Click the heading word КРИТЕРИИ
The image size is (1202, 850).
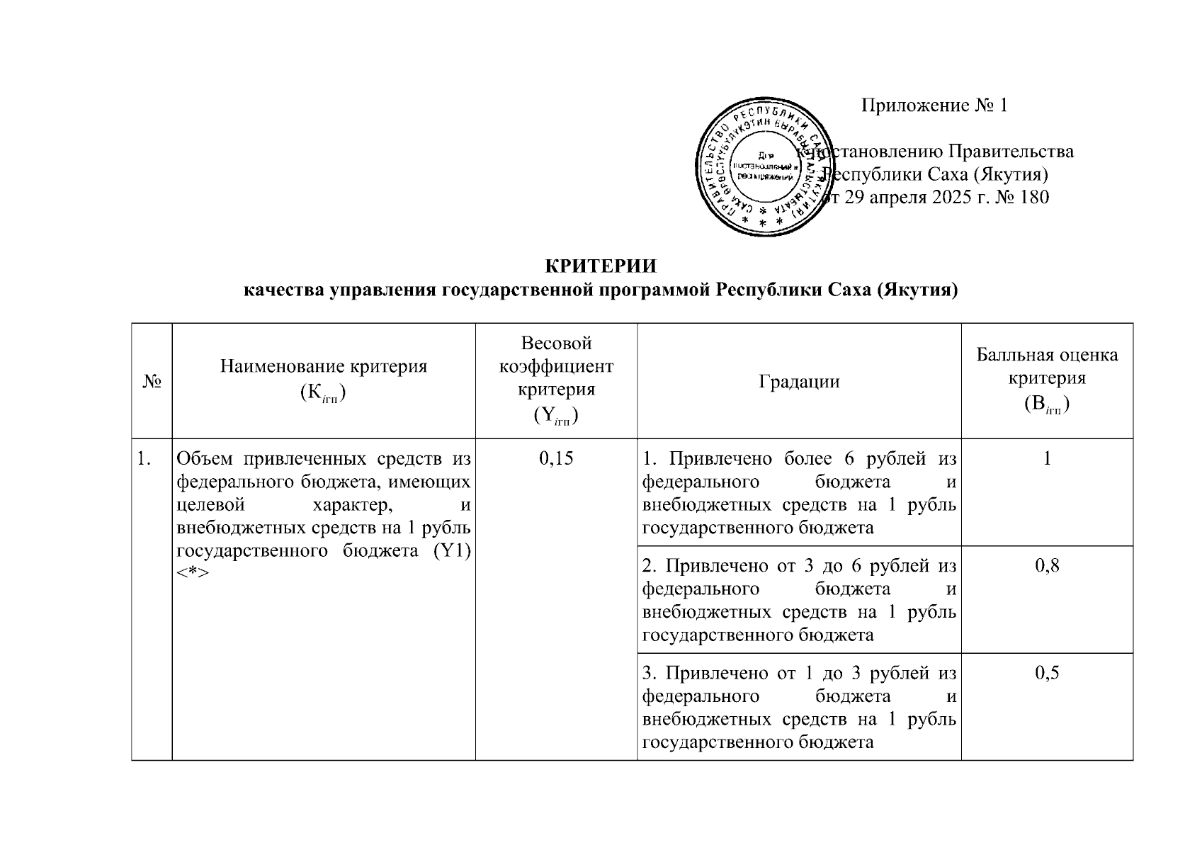600,266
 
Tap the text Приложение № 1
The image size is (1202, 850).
934,106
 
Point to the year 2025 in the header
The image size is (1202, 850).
931,197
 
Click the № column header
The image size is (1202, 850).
152,382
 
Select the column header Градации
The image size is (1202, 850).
799,382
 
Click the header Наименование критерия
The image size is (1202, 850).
324,366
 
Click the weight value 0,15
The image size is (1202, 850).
556,459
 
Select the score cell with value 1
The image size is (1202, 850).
1047,459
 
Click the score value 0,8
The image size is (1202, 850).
1047,566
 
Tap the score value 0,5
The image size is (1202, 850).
1047,673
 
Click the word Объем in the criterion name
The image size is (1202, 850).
204,459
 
